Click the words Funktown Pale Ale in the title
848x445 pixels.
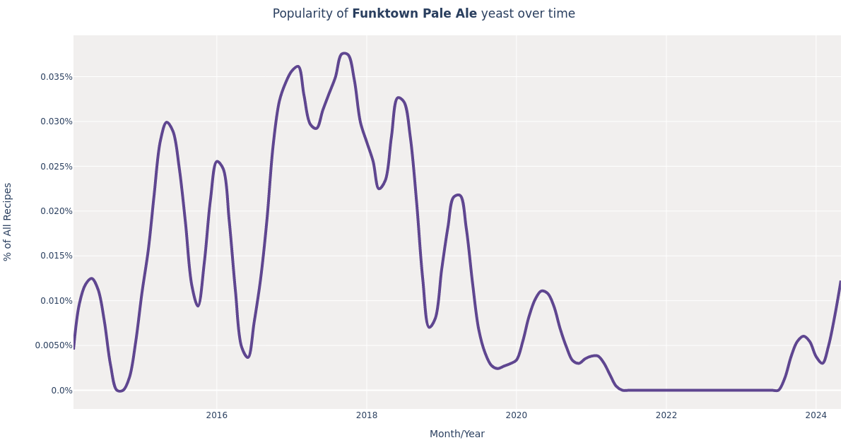coord(414,14)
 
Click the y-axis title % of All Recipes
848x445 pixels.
coord(8,222)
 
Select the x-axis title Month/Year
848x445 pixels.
coord(457,434)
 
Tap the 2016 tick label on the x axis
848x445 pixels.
coord(217,415)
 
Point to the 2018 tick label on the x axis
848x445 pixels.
coord(367,415)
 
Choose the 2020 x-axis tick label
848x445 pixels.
coord(517,415)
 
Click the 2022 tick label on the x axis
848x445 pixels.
coord(666,415)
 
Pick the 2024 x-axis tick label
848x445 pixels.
coord(815,415)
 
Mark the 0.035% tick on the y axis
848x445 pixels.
coord(57,77)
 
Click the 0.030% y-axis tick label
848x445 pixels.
coord(57,121)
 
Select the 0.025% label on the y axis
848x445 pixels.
coord(57,167)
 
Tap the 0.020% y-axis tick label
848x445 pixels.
coord(57,211)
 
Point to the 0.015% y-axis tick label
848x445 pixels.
coord(57,256)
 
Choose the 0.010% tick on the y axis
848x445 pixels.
coord(57,301)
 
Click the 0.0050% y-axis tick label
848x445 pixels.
coord(54,345)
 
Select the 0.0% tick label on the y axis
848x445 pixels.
coord(61,391)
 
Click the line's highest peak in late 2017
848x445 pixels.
coord(344,53)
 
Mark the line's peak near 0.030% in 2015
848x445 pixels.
coord(167,122)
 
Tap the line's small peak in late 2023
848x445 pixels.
coord(803,336)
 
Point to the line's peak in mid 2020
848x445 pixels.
coord(542,290)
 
